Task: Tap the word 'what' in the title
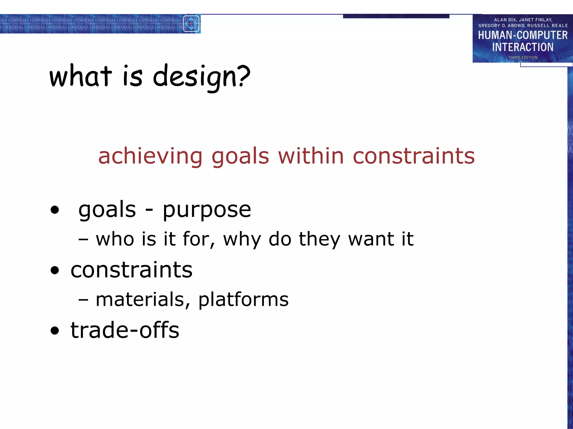pyautogui.click(x=81, y=76)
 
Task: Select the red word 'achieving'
pyautogui.click(x=150, y=156)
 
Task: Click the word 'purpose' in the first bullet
pyautogui.click(x=207, y=210)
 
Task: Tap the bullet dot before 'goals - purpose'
pyautogui.click(x=55, y=210)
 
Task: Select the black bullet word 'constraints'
pyautogui.click(x=131, y=270)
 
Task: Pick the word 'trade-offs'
pyautogui.click(x=125, y=330)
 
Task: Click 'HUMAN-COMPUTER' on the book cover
pyautogui.click(x=523, y=35)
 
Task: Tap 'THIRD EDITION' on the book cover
pyautogui.click(x=523, y=57)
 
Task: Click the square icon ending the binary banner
pyautogui.click(x=191, y=24)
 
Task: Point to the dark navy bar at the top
pyautogui.click(x=396, y=16)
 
